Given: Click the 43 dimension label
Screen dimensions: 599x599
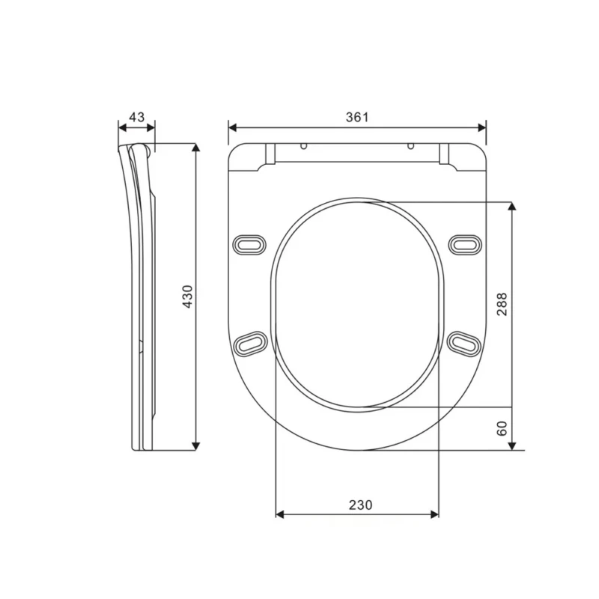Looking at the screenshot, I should click(x=137, y=117).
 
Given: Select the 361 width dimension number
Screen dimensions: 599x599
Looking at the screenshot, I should click(x=357, y=117).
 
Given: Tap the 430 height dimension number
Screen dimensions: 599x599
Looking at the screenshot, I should click(x=188, y=297).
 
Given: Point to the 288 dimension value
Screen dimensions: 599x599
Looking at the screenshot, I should click(x=502, y=303).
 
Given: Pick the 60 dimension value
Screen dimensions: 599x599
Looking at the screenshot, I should click(x=502, y=428).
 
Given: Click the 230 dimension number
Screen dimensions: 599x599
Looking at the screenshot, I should click(x=359, y=505).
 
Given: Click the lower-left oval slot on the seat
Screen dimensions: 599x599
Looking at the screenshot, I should click(x=250, y=342).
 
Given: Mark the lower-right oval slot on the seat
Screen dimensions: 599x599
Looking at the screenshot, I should click(x=465, y=342).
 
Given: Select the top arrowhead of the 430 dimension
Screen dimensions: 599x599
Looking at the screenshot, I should click(x=196, y=148).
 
